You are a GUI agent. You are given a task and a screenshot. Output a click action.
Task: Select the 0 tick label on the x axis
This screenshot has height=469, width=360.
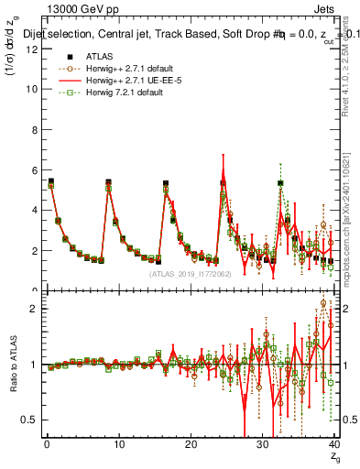click(47, 444)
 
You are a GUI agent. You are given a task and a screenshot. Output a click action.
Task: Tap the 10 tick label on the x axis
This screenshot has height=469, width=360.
click(118, 444)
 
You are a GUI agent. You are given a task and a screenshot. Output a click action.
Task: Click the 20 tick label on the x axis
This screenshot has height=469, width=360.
click(191, 444)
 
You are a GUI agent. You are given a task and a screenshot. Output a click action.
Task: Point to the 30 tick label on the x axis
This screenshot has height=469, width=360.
click(263, 444)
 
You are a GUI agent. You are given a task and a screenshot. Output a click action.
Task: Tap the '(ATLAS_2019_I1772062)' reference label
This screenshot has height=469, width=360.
click(190, 273)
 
